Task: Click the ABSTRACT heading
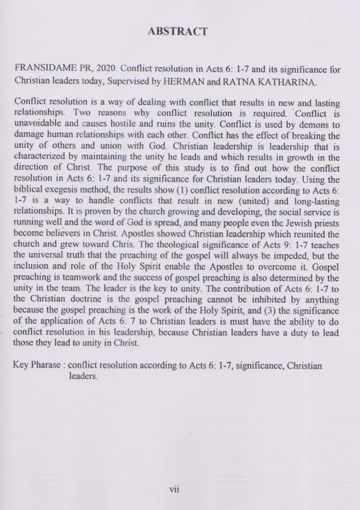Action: pyautogui.click(x=178, y=32)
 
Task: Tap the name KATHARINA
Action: pyautogui.click(x=286, y=83)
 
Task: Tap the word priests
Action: pyautogui.click(x=324, y=223)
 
